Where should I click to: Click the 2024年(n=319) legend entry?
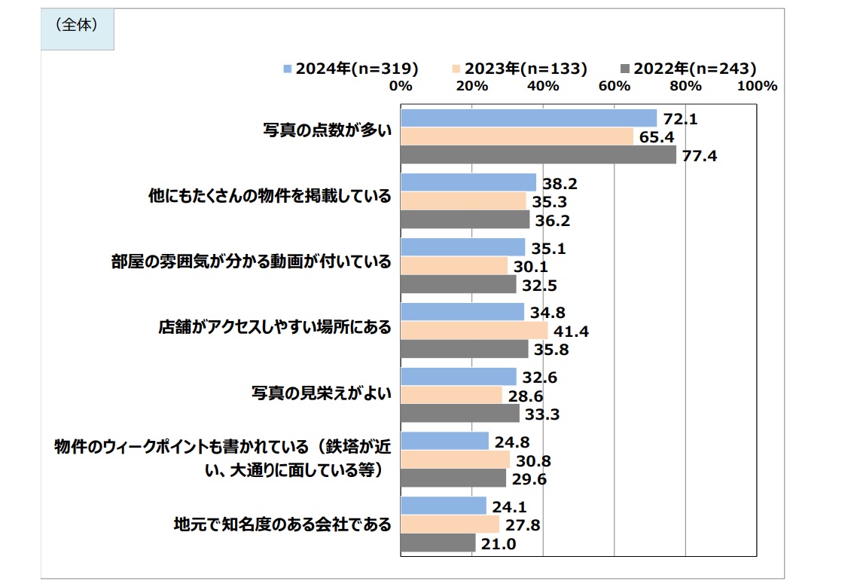[351, 68]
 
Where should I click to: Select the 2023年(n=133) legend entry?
[520, 68]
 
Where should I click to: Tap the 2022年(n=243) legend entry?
[688, 68]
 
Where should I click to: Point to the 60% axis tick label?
[614, 86]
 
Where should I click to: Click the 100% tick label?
[757, 86]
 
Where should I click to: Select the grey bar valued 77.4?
[538, 155]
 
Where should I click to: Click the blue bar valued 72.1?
[529, 118]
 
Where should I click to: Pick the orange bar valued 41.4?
[474, 331]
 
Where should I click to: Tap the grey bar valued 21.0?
[438, 543]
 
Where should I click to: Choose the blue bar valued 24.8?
[445, 441]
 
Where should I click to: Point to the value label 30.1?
[530, 267]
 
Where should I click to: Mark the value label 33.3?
[541, 414]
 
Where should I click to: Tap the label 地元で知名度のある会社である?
[282, 524]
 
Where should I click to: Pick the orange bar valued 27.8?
[450, 524]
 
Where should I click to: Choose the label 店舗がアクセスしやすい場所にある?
[275, 328]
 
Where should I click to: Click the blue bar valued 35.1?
[463, 247]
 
